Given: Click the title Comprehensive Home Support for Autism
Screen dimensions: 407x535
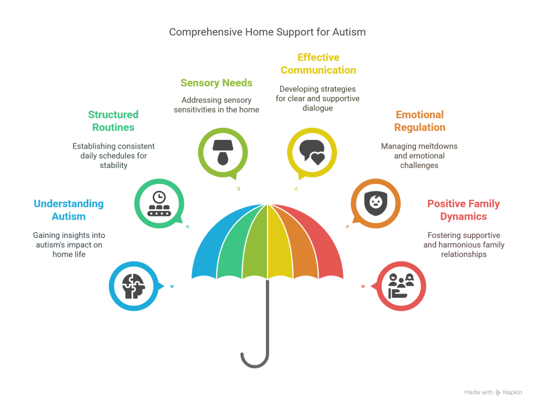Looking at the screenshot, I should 267,32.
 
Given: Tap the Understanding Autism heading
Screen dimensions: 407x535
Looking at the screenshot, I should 68,210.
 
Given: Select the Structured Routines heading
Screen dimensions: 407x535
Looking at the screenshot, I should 113,121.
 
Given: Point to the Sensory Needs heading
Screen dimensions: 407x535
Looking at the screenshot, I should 216,83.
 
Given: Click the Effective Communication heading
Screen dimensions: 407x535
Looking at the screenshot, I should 318,64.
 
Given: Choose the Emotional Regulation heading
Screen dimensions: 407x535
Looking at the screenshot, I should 420,121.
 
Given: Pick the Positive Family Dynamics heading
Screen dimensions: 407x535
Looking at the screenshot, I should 463,210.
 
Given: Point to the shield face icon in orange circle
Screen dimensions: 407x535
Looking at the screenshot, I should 375,203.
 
